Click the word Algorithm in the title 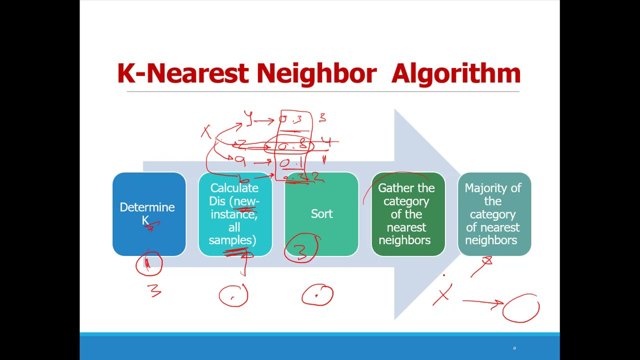click(455, 74)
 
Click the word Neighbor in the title click(316, 74)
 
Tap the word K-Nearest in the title click(182, 74)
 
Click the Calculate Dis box click(235, 214)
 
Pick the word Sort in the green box click(321, 214)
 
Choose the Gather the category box click(408, 214)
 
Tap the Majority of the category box click(494, 214)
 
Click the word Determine click(147, 207)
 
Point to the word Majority click(492, 188)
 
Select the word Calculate click(234, 188)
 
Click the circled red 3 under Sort click(301, 248)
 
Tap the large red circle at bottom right click(521, 308)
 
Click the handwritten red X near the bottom click(442, 295)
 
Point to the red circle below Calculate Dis click(233, 295)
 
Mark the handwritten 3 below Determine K click(154, 290)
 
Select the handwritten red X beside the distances click(205, 131)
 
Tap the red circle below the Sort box click(317, 294)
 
